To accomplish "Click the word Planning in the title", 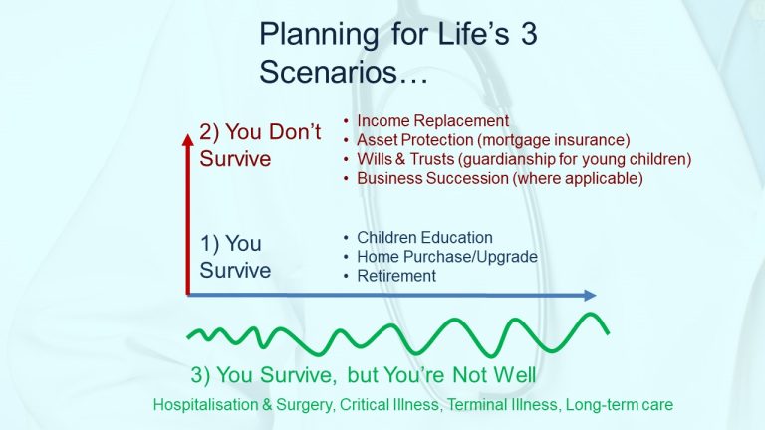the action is (x=319, y=35).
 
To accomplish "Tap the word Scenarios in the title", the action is (x=329, y=72).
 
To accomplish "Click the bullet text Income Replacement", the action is (x=432, y=120).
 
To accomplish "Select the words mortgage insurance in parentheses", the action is (x=554, y=140).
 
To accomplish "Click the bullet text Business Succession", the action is (x=432, y=178).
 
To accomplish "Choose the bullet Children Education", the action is (x=424, y=238).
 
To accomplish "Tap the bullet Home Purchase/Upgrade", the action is (x=447, y=257).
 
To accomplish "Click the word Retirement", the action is (x=396, y=276).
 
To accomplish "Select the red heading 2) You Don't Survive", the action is (x=260, y=145).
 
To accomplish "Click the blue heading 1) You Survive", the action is (x=235, y=257).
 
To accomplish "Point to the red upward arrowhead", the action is (x=188, y=140).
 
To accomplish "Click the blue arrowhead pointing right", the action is (x=591, y=295).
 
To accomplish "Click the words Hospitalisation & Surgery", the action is (x=243, y=405).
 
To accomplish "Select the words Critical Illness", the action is (x=389, y=405).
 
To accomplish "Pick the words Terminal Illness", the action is (x=502, y=405).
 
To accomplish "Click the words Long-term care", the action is (x=620, y=405).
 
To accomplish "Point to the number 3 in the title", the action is (x=528, y=34).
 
